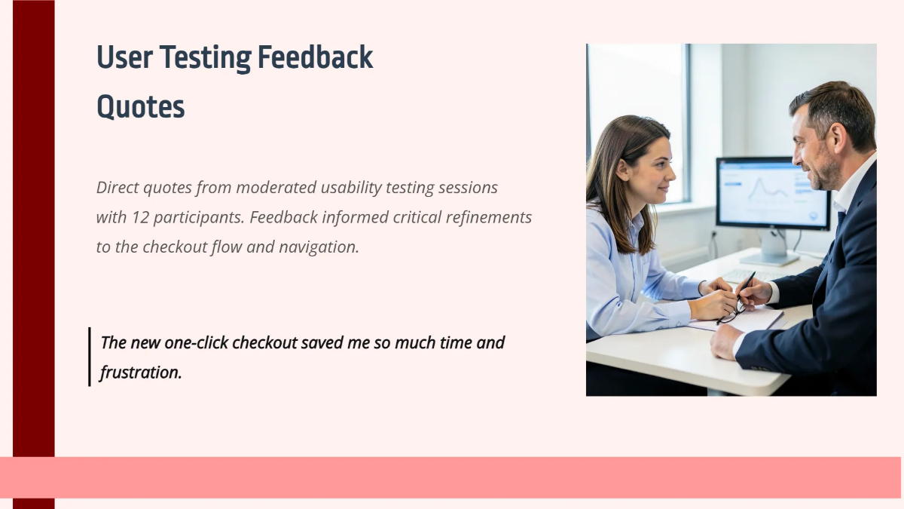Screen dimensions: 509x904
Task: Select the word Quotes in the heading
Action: pos(141,107)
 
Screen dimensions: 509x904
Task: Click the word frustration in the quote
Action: pos(140,372)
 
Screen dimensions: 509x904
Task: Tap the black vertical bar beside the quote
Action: pos(89,357)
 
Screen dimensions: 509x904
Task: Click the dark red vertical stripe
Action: pos(33,226)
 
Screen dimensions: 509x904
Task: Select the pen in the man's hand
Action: pos(746,284)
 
